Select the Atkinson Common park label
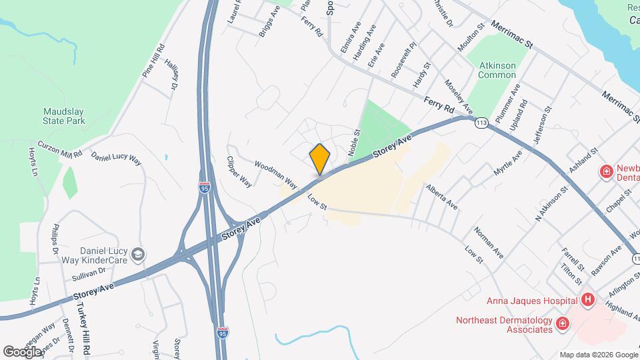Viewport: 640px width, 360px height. (498, 70)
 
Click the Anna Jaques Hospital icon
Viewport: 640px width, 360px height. (587, 299)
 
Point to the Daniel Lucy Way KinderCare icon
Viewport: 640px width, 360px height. (138, 254)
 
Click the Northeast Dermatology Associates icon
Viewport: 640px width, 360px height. (563, 324)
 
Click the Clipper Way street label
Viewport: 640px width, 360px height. (239, 171)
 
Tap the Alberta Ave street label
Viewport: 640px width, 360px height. (442, 195)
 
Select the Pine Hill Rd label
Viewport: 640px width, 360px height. (153, 62)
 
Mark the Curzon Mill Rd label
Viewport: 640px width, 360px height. (59, 148)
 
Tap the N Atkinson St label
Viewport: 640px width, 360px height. (551, 203)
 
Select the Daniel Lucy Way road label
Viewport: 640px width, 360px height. (116, 159)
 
